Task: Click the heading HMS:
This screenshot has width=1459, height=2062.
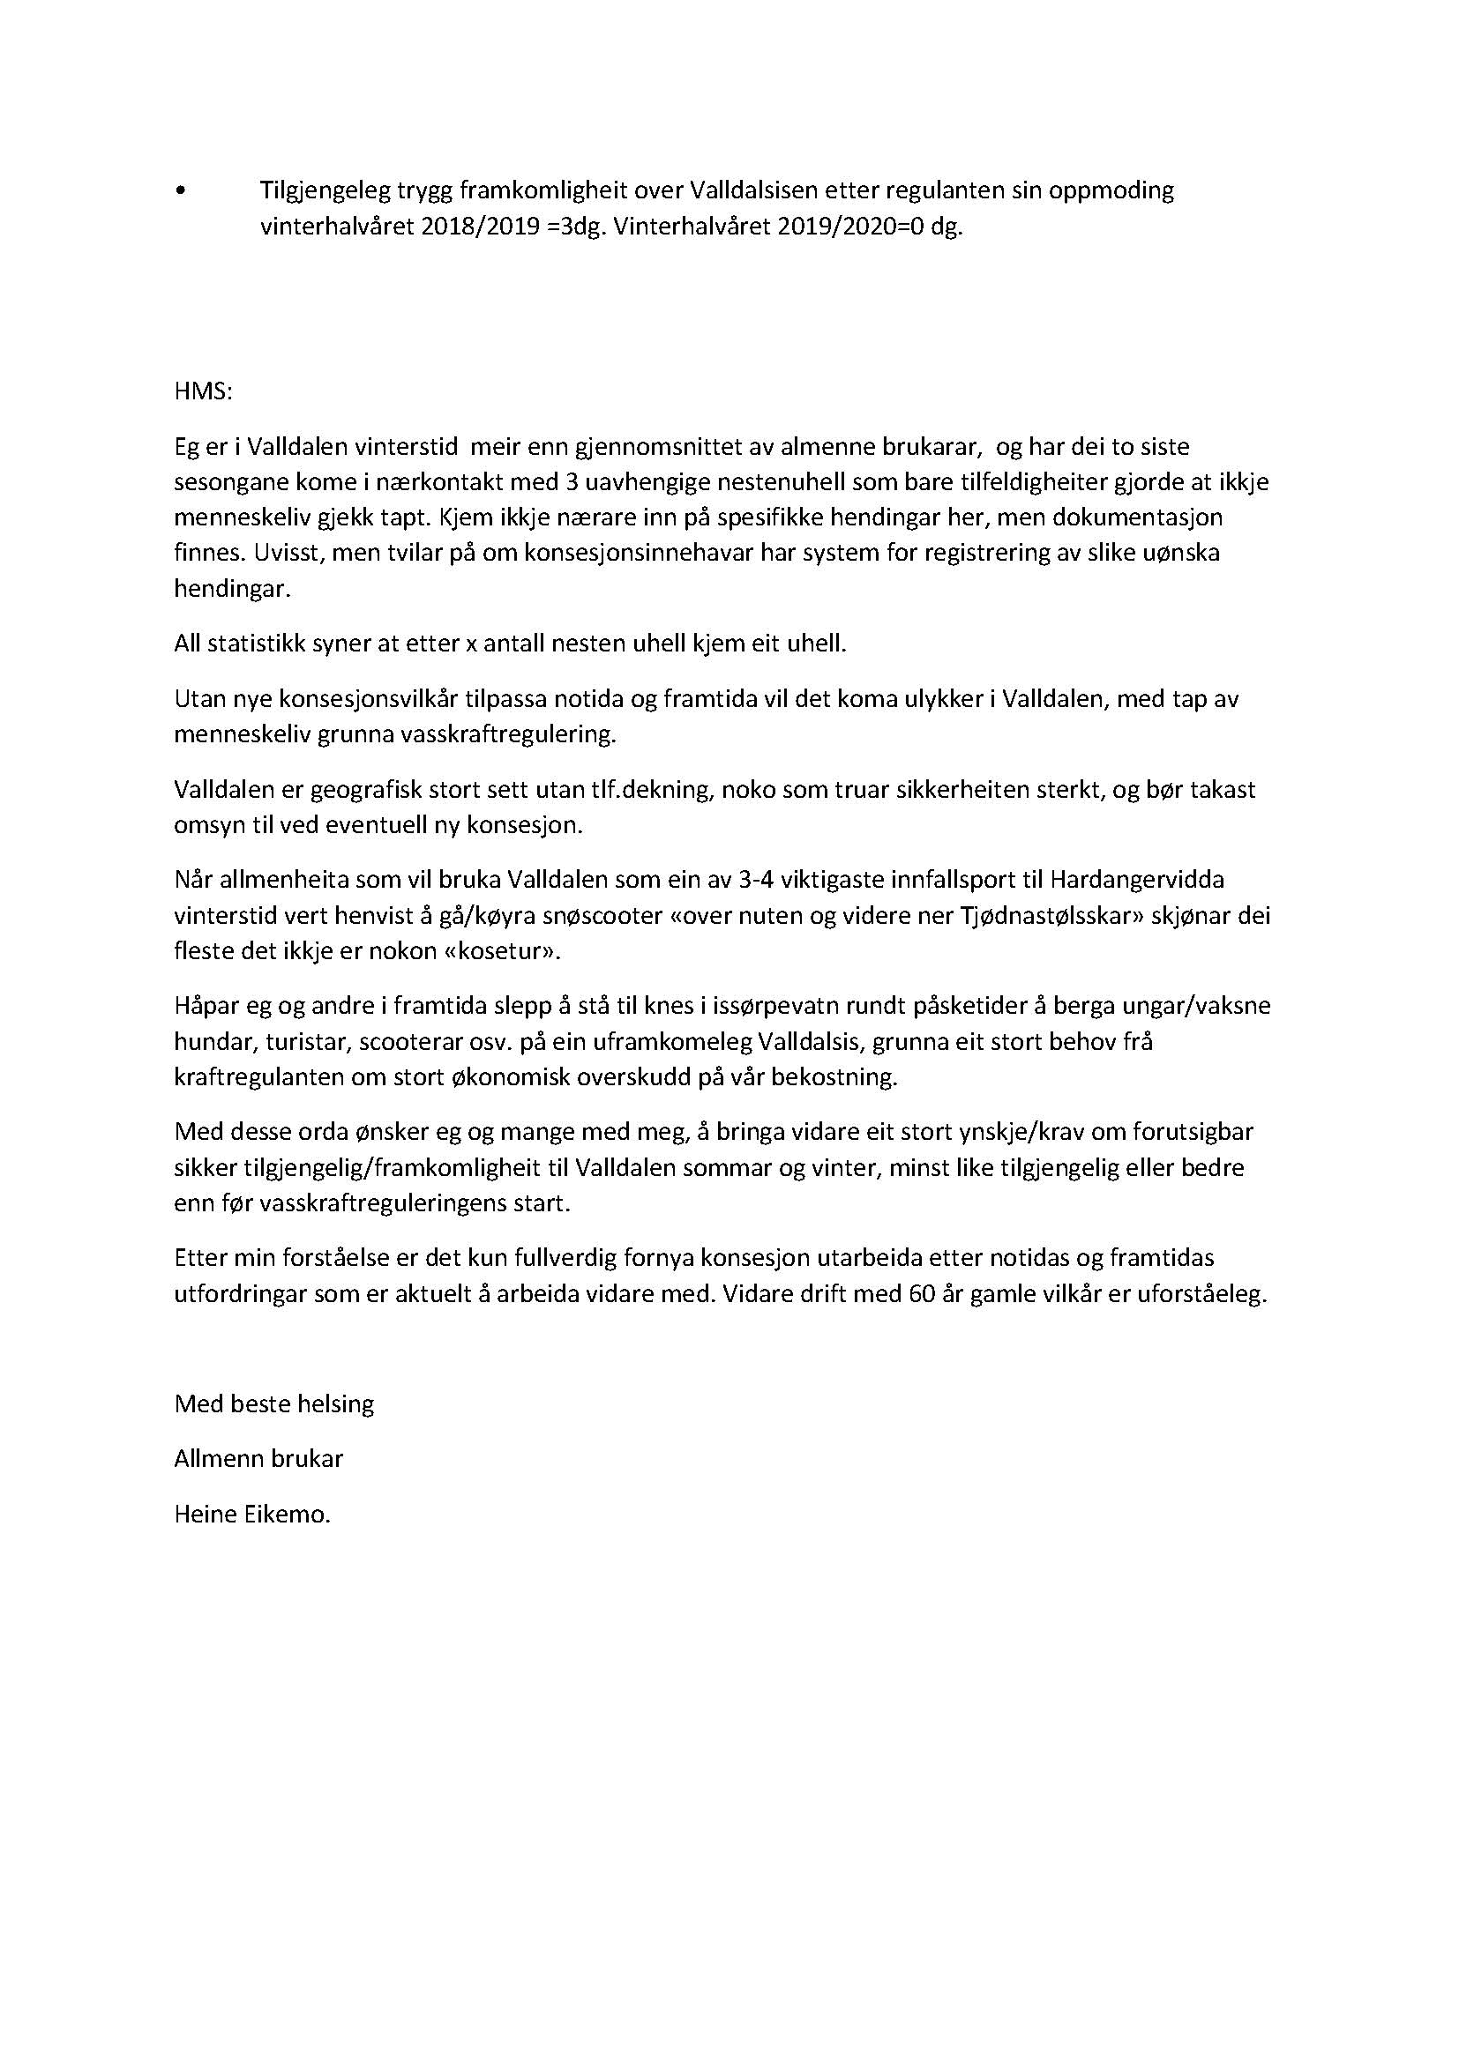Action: click(x=203, y=392)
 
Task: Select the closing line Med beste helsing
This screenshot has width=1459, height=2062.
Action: click(x=274, y=1403)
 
